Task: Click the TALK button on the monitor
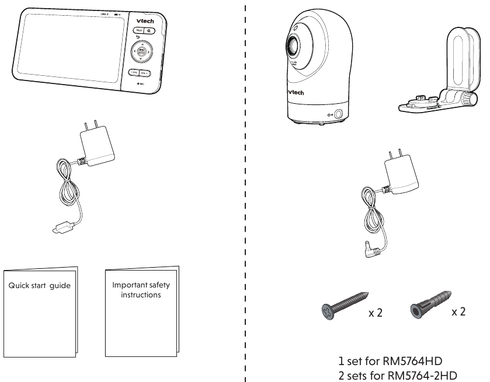[x=138, y=30]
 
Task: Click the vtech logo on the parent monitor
[x=153, y=19]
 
